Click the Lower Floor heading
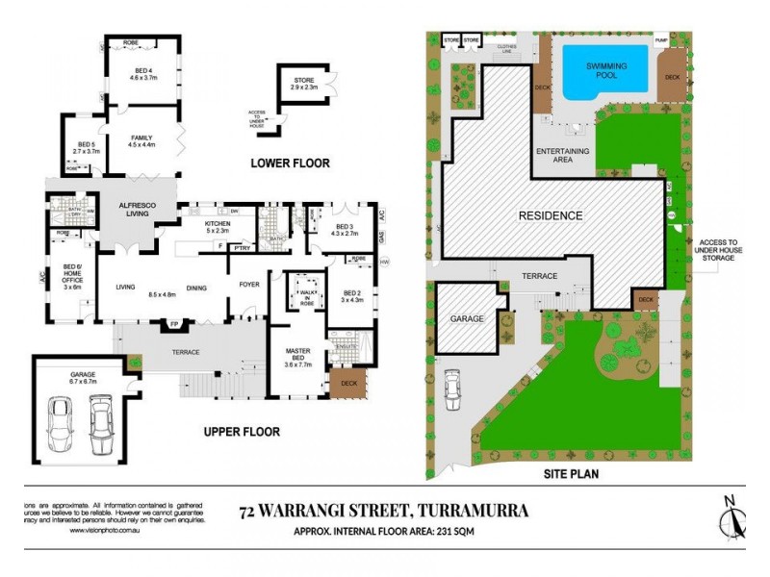(290, 163)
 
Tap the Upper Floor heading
(242, 432)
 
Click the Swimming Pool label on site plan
(607, 70)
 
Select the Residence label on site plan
(552, 215)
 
